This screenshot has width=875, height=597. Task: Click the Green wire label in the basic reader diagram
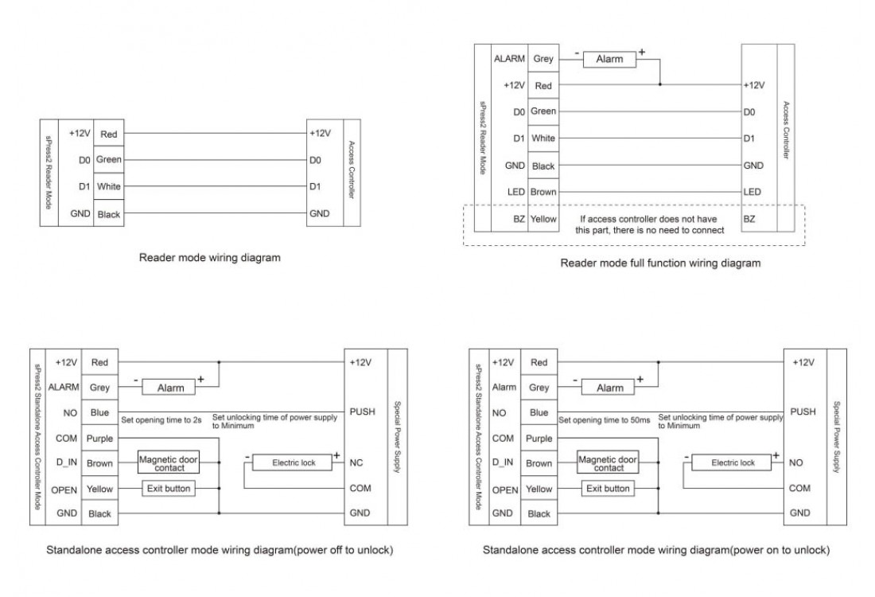point(107,160)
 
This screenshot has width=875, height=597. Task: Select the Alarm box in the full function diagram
point(609,60)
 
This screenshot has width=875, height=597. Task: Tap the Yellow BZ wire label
point(543,217)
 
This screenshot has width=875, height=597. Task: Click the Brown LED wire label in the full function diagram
point(543,192)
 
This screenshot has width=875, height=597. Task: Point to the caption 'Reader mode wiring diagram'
point(209,257)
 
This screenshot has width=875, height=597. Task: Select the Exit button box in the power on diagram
point(608,489)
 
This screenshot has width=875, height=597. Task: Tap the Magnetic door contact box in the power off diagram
point(168,462)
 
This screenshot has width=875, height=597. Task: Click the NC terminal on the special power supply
point(356,462)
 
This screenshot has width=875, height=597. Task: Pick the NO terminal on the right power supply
point(796,462)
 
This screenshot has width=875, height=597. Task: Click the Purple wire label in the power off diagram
point(99,438)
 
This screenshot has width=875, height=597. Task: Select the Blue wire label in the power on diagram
point(539,412)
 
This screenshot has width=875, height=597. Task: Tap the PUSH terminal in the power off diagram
point(361,412)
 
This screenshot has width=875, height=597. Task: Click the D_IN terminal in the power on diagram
point(502,462)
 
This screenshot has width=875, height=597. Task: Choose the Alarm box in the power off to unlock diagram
point(169,388)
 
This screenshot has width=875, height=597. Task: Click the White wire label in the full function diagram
point(543,139)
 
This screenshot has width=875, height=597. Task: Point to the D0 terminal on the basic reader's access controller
point(316,160)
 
